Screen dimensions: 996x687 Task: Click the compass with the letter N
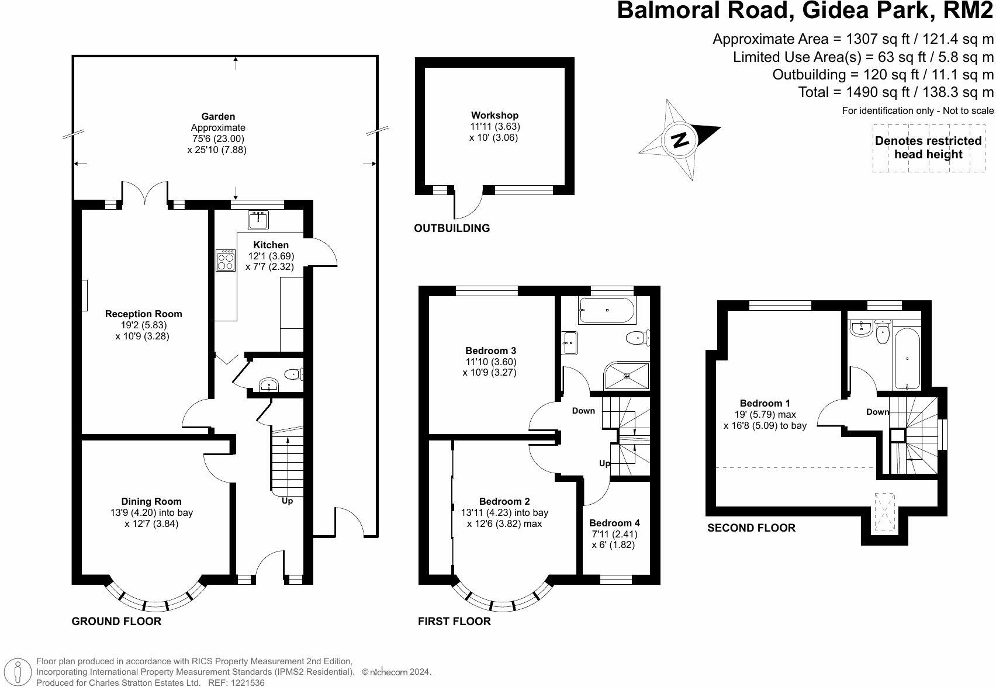[680, 140]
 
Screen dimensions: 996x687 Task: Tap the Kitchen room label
[271, 245]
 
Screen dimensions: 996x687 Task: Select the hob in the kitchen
[226, 261]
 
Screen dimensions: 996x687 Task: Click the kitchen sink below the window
[257, 220]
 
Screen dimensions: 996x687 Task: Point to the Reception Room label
[143, 314]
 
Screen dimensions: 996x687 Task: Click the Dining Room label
[151, 501]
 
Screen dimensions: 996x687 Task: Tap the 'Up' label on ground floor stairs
[287, 501]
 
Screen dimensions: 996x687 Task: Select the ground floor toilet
[292, 374]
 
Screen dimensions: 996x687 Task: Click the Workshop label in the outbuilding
[494, 115]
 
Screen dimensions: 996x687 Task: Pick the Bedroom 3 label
[490, 351]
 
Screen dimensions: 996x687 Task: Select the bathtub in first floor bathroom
[607, 310]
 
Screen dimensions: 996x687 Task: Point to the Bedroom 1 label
[765, 403]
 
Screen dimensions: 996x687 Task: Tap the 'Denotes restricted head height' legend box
[928, 148]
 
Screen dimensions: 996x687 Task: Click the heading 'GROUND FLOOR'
[116, 621]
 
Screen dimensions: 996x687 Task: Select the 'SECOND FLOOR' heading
[751, 528]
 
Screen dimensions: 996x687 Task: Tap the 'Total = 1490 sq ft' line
[895, 92]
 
